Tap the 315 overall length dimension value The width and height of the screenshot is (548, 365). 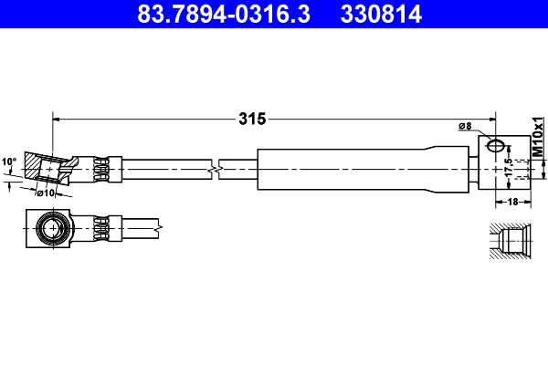coord(251,118)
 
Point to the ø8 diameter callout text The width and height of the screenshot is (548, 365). coord(464,126)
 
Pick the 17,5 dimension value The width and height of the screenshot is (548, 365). coord(508,169)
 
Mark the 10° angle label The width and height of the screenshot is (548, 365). coord(9,162)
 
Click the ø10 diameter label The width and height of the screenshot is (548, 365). coord(47,193)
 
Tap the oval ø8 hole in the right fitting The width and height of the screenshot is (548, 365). coord(494,145)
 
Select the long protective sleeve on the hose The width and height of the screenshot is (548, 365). coord(365,168)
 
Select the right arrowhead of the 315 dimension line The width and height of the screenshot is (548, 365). coord(490,118)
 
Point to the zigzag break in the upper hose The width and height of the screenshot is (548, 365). coord(213,169)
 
